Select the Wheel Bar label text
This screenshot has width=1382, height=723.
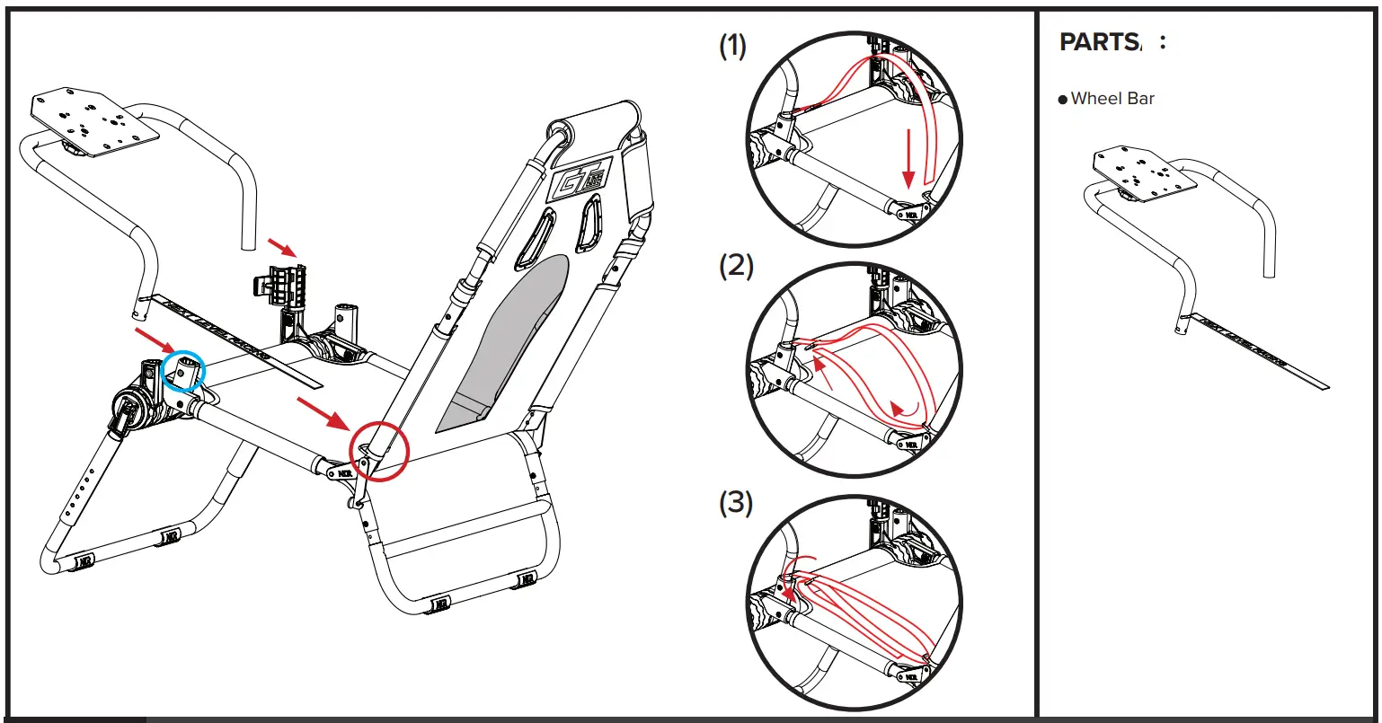tap(1112, 99)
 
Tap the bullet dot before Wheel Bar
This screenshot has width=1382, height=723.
tap(1063, 100)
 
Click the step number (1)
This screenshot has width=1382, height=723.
tap(733, 47)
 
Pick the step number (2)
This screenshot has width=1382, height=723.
tap(736, 268)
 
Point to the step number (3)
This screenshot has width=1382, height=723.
tap(736, 504)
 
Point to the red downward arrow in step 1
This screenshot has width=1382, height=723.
tap(908, 157)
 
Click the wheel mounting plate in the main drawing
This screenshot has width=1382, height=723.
tap(93, 118)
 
